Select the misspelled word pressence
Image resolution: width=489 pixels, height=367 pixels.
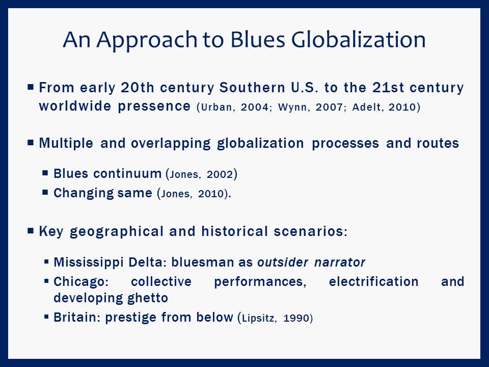pos(154,107)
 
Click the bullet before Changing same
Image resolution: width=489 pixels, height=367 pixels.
pos(45,192)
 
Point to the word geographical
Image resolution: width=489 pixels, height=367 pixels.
pos(117,232)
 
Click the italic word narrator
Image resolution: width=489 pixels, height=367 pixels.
pos(340,263)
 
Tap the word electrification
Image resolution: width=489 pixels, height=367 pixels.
pos(373,281)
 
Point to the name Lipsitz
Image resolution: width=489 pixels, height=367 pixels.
pos(258,318)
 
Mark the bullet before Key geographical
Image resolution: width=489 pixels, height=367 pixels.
pos(31,231)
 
